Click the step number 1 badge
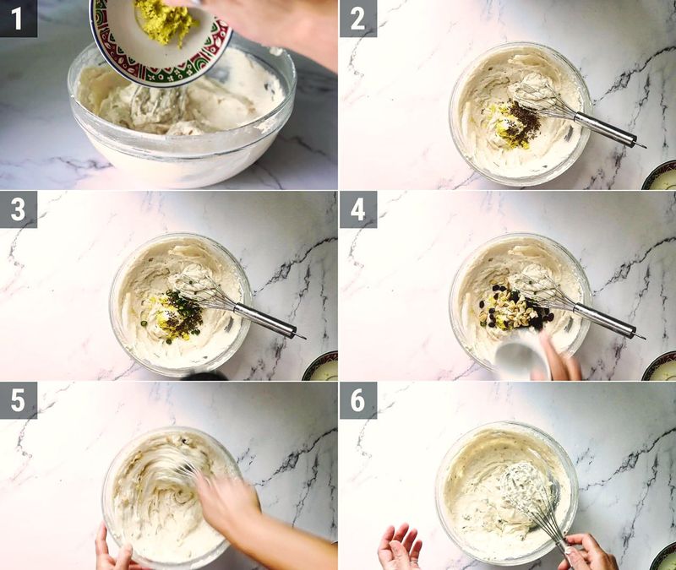tap(18, 18)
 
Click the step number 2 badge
tap(357, 18)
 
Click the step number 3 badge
tap(18, 209)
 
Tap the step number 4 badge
tap(357, 209)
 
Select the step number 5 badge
tap(18, 399)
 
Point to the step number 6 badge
tap(357, 399)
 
